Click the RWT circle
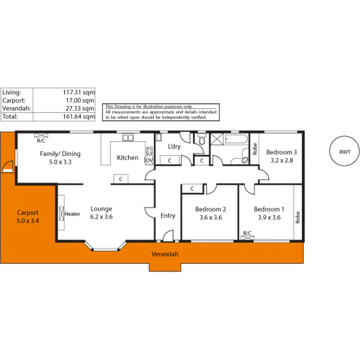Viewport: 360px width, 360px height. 345,152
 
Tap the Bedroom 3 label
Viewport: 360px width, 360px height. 281,152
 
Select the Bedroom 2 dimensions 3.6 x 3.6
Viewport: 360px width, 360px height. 210,217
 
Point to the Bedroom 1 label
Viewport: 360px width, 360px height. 269,209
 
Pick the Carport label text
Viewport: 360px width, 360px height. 27,212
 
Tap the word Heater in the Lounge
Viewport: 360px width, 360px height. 72,214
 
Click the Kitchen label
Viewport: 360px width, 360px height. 127,158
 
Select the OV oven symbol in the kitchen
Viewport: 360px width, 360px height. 149,160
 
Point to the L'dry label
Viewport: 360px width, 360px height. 174,147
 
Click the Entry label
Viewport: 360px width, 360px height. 168,216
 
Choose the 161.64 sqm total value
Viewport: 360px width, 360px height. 79,116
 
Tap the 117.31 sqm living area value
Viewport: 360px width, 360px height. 79,92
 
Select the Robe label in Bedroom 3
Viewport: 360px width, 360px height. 255,149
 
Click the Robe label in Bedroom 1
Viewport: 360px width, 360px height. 297,217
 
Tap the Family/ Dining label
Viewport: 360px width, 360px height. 60,154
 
